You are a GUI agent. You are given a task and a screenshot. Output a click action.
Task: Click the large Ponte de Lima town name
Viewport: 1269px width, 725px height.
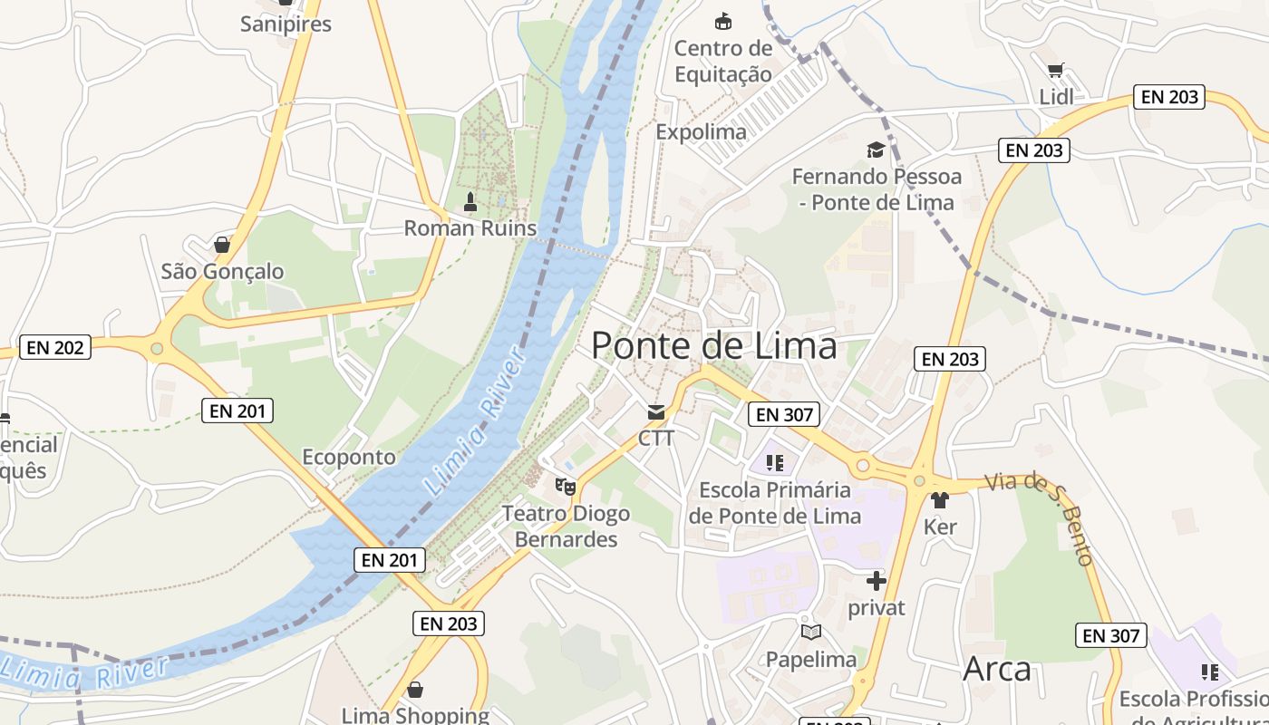pos(713,345)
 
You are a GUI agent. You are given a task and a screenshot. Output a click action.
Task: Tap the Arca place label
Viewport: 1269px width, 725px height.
pos(997,669)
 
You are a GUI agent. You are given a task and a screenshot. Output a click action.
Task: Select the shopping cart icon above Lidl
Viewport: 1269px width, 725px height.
pos(1055,71)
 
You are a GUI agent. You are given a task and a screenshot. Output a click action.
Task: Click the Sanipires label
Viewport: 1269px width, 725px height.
pos(286,24)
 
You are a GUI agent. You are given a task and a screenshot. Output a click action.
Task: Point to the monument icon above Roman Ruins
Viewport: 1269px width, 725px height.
pos(470,200)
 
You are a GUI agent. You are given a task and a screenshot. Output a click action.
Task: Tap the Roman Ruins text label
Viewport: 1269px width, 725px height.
pos(470,227)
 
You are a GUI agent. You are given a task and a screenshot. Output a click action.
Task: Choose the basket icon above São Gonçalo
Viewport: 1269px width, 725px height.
pos(222,245)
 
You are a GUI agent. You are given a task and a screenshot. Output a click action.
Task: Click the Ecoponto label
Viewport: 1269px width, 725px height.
pos(349,457)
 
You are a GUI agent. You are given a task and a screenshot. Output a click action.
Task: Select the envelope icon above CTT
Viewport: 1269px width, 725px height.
pos(655,412)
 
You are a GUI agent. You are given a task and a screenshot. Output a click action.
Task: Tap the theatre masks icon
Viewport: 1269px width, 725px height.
pos(566,487)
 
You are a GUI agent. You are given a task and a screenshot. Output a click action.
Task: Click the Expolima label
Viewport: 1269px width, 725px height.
pos(701,131)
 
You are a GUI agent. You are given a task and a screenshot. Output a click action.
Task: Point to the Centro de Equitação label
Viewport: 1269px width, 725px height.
pos(722,61)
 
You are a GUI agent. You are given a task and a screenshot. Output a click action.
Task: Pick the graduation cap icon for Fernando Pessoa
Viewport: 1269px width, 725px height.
pos(876,150)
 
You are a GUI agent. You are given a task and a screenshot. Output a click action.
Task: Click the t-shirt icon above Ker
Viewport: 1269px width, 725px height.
pos(939,499)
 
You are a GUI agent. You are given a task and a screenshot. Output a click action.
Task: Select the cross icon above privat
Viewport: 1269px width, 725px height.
pos(876,581)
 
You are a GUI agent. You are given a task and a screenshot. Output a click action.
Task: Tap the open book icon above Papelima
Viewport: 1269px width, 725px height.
pos(810,632)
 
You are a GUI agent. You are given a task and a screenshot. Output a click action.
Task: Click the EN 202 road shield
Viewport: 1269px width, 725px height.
pos(55,347)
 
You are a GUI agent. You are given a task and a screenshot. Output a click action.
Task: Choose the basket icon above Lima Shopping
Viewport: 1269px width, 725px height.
pos(414,690)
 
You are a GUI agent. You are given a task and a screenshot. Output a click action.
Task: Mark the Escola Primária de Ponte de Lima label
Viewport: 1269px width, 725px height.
pos(774,503)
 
